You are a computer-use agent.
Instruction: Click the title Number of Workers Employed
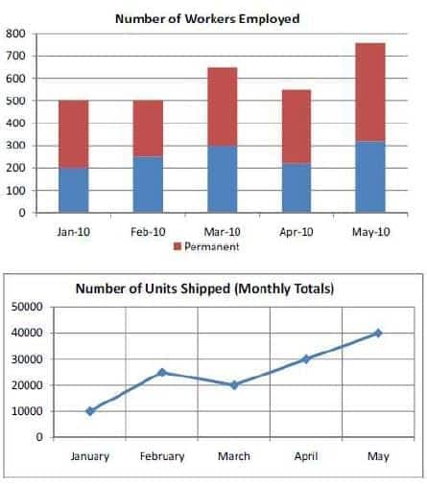pos(207,19)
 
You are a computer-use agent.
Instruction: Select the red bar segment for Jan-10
pos(74,134)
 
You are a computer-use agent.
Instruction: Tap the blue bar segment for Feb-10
pos(148,184)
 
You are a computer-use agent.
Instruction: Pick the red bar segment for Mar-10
pos(223,106)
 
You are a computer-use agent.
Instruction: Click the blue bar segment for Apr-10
pos(297,188)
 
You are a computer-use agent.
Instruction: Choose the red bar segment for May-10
pos(370,92)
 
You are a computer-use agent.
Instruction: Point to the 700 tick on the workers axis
pos(15,56)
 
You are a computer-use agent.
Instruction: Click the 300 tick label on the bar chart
pos(15,146)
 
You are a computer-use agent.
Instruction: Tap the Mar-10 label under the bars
pos(223,232)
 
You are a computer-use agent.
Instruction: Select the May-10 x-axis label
pos(371,232)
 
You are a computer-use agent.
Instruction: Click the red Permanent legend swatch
pos(178,246)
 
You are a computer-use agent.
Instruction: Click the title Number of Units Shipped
pos(204,288)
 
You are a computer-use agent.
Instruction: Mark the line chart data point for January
pos(90,411)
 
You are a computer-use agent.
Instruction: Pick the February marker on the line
pos(162,372)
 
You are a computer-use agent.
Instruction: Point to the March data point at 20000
pos(234,385)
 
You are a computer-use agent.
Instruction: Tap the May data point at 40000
pos(378,334)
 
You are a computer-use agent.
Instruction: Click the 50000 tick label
pos(27,307)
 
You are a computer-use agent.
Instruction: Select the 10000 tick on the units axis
pos(27,411)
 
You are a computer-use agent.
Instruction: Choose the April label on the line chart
pos(306,456)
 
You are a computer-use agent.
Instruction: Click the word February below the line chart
pos(162,456)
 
